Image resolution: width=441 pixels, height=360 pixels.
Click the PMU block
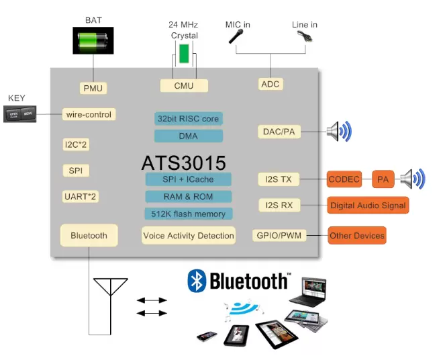93,88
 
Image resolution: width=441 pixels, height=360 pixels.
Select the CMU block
184,85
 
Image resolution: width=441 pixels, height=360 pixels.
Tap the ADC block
271,84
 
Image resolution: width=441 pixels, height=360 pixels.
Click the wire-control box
89,115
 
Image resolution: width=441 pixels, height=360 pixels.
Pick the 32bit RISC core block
189,119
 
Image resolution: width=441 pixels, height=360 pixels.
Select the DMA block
189,136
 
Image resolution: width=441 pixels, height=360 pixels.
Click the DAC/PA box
279,132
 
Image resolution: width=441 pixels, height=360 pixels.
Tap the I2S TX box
279,179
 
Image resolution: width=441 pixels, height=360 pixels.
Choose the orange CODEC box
344,179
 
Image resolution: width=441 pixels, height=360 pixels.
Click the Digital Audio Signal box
368,206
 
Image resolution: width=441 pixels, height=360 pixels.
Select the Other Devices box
357,236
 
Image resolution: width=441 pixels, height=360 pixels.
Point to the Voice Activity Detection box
189,236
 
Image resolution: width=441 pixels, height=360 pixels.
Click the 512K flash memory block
189,214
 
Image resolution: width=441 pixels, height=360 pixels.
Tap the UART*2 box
80,197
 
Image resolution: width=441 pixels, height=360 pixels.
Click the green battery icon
93,40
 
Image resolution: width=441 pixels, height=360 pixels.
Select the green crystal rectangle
184,54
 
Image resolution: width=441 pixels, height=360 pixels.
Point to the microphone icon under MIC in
236,36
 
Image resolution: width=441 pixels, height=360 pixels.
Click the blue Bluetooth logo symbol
197,281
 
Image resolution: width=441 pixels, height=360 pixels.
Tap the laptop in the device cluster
309,292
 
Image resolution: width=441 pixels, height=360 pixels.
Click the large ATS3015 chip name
184,163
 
